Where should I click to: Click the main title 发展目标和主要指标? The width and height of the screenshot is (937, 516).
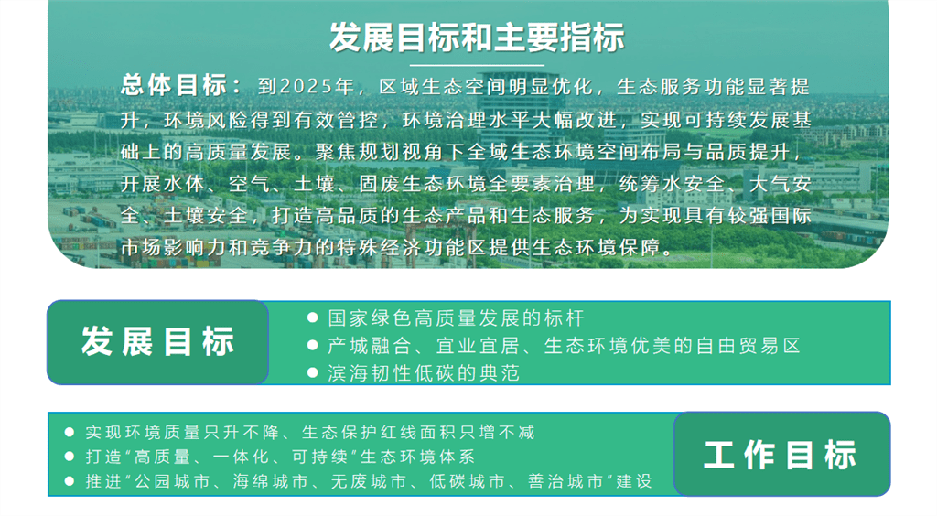pyautogui.click(x=477, y=37)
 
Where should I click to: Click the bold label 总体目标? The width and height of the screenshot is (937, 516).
pyautogui.click(x=173, y=85)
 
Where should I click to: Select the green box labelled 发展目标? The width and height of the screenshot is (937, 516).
pyautogui.click(x=157, y=342)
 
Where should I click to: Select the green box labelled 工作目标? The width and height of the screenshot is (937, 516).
pyautogui.click(x=781, y=454)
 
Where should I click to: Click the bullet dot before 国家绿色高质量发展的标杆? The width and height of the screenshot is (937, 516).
pyautogui.click(x=312, y=317)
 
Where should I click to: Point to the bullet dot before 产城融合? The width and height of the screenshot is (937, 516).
pyautogui.click(x=312, y=345)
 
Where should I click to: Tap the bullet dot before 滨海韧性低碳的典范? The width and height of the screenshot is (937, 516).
pyautogui.click(x=312, y=373)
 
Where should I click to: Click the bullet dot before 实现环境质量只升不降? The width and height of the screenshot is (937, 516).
pyautogui.click(x=70, y=432)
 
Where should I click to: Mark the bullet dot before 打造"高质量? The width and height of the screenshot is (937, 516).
pyautogui.click(x=70, y=457)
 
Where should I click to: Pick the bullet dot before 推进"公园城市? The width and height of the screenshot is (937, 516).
pyautogui.click(x=70, y=481)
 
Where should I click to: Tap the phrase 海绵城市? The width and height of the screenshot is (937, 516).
pyautogui.click(x=270, y=481)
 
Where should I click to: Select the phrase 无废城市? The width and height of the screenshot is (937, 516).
pyautogui.click(x=369, y=481)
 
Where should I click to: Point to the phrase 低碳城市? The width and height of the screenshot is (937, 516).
pyautogui.click(x=468, y=481)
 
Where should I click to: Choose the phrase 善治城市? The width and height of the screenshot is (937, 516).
pyautogui.click(x=565, y=481)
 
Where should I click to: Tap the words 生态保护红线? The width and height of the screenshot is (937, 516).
pyautogui.click(x=361, y=433)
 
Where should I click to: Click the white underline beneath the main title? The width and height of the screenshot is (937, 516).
pyautogui.click(x=477, y=65)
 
